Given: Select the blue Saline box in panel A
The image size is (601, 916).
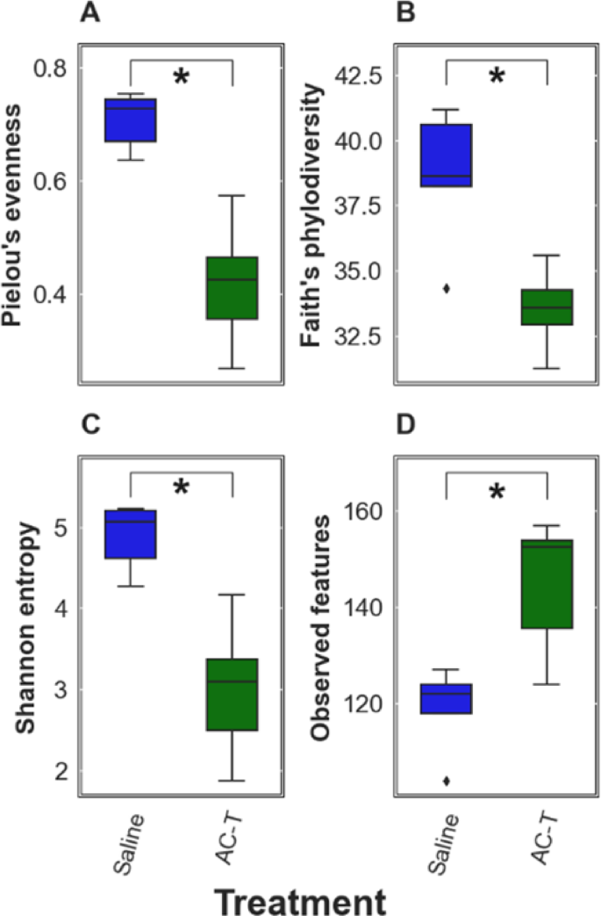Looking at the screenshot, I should (x=131, y=119).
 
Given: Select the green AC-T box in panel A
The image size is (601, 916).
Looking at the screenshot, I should (x=232, y=288).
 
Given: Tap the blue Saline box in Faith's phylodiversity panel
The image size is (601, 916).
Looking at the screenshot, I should (x=446, y=155).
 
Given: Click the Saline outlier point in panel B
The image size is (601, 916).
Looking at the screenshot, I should (x=446, y=288).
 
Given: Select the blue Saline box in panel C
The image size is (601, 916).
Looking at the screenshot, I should (x=131, y=533).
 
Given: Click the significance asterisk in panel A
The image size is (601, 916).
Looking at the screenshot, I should (x=182, y=78).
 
